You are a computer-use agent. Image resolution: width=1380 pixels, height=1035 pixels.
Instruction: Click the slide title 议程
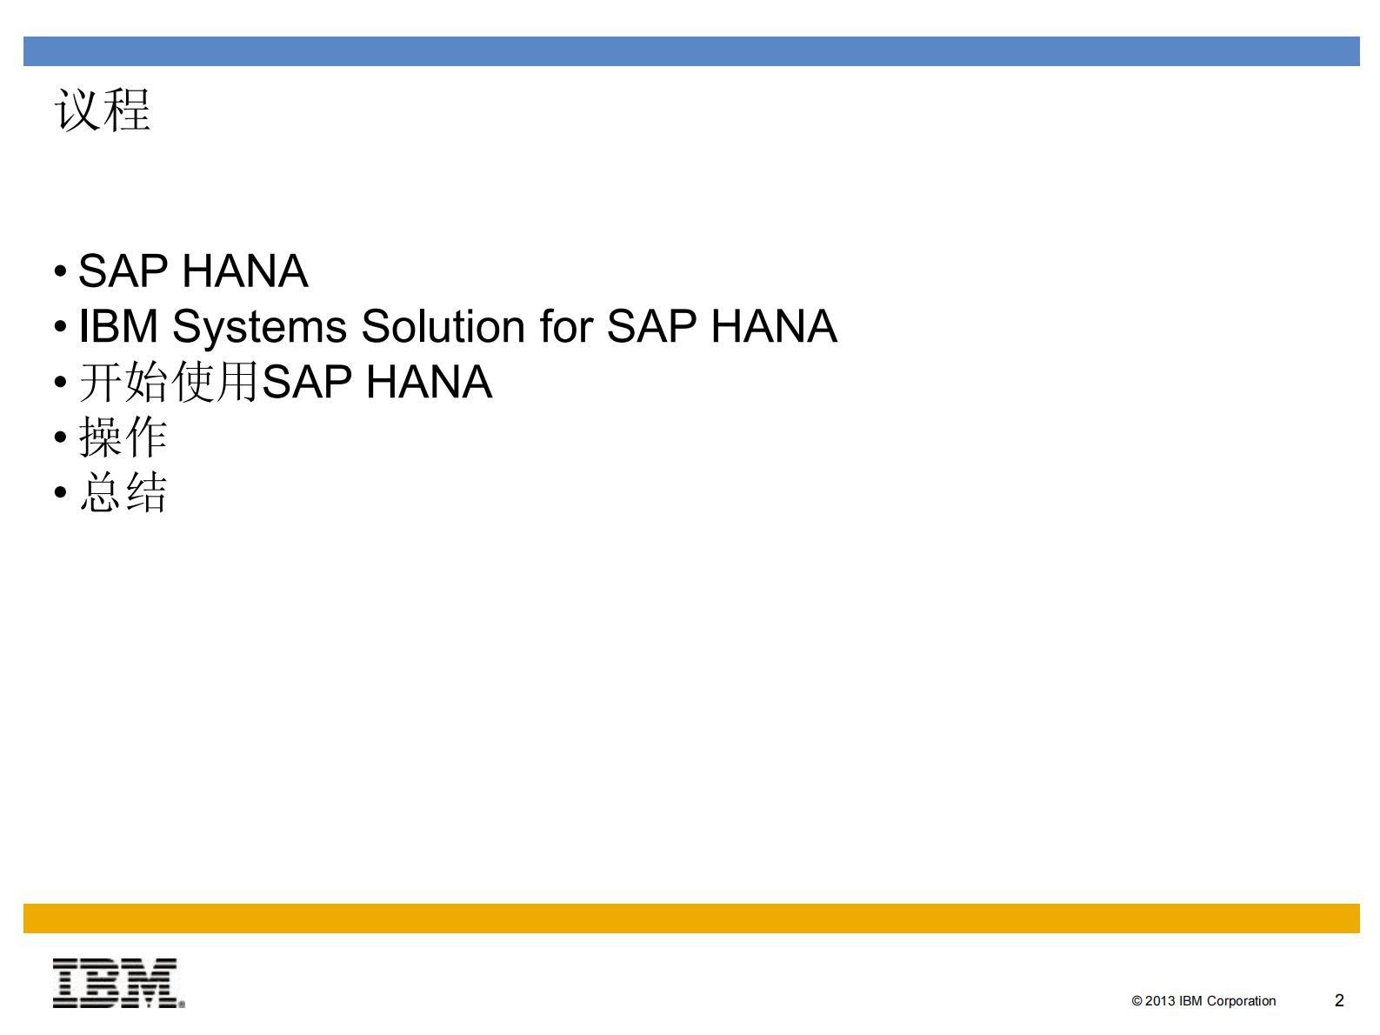[x=103, y=110]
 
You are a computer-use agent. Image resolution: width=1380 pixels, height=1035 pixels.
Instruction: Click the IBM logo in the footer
[x=118, y=983]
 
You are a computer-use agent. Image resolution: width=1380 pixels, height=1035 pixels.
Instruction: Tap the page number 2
[x=1339, y=1000]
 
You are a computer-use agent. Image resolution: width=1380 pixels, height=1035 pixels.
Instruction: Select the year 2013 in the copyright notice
[x=1159, y=1001]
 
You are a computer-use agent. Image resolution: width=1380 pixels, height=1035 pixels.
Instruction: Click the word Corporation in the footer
[x=1241, y=1001]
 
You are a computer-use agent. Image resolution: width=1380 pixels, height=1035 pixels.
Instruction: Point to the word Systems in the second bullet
[x=260, y=328]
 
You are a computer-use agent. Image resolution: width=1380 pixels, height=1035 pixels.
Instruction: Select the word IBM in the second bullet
[x=118, y=328]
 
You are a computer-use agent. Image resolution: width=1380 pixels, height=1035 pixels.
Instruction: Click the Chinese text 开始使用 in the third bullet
[x=170, y=383]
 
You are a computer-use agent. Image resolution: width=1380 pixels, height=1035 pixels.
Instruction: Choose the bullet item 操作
[x=123, y=437]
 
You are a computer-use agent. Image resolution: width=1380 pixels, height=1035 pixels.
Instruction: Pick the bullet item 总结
[x=123, y=493]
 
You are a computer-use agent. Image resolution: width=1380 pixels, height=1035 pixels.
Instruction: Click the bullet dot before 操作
[x=60, y=437]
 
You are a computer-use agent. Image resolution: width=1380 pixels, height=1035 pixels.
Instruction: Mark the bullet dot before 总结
[x=60, y=493]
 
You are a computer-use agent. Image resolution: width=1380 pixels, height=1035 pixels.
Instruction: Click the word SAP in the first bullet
[x=123, y=271]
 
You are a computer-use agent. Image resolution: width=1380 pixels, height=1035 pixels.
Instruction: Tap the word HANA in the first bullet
[x=245, y=271]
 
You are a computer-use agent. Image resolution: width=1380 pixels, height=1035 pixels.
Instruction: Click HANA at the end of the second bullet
[x=773, y=328]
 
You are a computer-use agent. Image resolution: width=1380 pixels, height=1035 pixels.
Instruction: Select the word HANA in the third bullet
[x=429, y=383]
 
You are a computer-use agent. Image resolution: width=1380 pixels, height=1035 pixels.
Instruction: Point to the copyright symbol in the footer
[x=1137, y=1001]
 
